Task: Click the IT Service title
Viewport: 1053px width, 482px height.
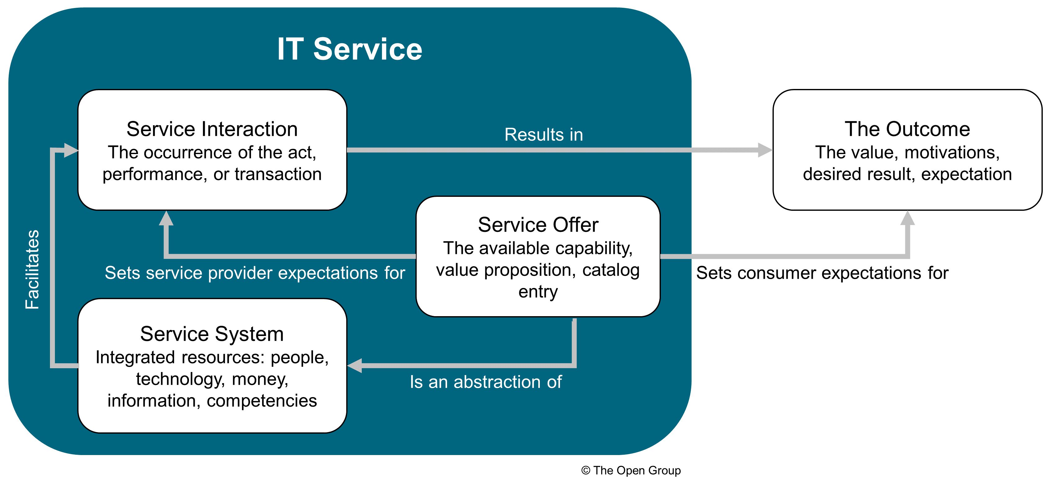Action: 350,49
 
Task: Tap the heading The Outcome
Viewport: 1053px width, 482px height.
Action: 907,129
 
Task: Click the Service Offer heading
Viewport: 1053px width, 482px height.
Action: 538,225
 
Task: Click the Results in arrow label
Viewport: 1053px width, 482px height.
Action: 544,135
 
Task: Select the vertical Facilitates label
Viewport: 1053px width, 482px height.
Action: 33,270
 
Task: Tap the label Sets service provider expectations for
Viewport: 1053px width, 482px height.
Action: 255,273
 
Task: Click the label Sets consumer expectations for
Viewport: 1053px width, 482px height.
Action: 822,273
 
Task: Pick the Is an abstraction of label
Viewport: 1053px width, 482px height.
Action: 486,382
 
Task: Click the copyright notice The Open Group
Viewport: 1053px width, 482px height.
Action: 631,471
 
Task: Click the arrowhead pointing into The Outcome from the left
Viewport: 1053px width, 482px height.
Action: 765,150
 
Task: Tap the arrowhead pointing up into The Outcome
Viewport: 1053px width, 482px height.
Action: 907,218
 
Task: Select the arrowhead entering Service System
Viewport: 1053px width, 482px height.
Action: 354,365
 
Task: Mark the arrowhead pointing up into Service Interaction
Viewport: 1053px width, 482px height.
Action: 166,218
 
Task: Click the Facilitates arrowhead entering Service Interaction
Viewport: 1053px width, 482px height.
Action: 71,150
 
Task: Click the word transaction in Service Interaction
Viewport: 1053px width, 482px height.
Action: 278,175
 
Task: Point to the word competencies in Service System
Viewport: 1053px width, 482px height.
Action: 262,401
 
